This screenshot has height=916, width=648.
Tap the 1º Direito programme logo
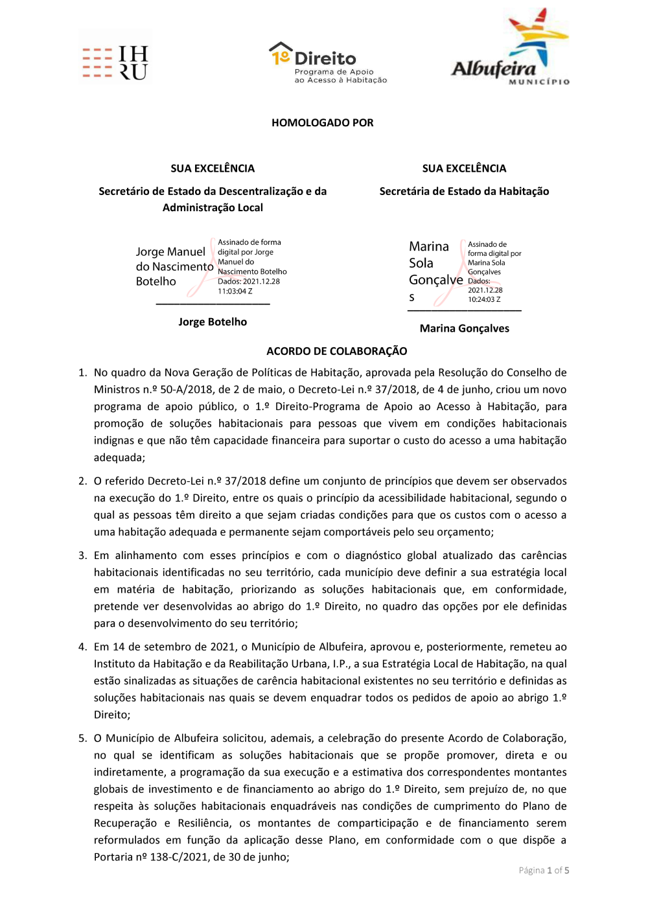coord(328,63)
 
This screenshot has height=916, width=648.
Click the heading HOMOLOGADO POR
coord(322,123)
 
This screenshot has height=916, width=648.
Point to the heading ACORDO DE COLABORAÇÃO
coord(336,351)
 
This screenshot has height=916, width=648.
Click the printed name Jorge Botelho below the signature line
coord(213,322)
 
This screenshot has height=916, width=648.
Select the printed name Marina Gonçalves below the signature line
coord(464,328)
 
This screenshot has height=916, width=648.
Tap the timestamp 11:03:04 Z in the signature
coord(235,292)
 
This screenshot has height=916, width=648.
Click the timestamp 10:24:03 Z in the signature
coord(484,299)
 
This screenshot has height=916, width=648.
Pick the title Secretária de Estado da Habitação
coord(464,191)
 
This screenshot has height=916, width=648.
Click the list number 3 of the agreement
coord(82,556)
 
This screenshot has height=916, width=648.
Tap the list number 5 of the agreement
coord(82,739)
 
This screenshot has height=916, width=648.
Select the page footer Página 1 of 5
coord(544,871)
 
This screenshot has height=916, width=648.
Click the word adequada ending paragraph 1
coord(118,457)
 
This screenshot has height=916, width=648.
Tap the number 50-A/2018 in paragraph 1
coord(187,390)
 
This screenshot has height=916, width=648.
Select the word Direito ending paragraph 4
coord(111,715)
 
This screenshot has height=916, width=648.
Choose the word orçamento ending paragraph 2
coord(464,532)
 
